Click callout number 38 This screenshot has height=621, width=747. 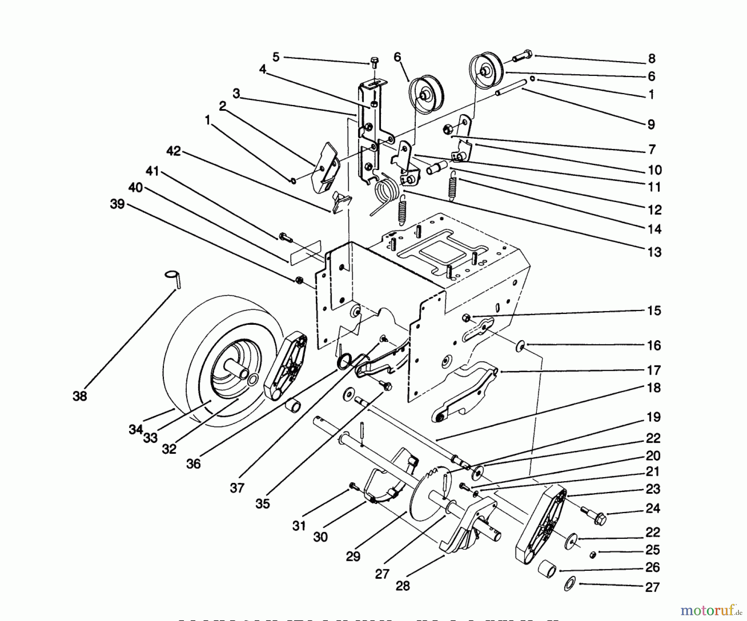tap(80, 396)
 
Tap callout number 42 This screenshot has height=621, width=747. tap(173, 151)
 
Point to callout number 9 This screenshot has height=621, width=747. tap(651, 124)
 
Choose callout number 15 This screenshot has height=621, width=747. tap(654, 311)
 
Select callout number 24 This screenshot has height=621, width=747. tap(652, 508)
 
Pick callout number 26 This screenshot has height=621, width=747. tap(652, 567)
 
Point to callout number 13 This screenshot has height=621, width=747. tap(654, 252)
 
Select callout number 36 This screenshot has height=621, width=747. tap(193, 464)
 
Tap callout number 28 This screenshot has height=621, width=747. tap(403, 586)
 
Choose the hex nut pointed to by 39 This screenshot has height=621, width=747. tap(298, 280)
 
